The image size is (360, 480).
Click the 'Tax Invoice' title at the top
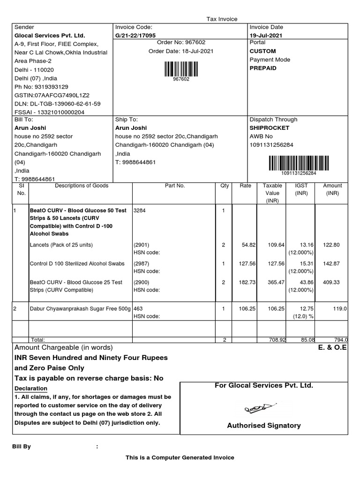[222, 19]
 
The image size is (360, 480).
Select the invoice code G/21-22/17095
[136, 36]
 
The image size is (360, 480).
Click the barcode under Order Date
[181, 69]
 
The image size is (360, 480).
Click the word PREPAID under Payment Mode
[263, 68]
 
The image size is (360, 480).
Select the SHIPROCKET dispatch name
[270, 128]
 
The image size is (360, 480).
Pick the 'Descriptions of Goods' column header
[82, 186]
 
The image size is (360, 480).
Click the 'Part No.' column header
[175, 186]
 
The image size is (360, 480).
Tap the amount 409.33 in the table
[332, 283]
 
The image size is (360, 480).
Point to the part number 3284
[140, 211]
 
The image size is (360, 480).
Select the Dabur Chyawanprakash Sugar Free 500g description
[80, 309]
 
